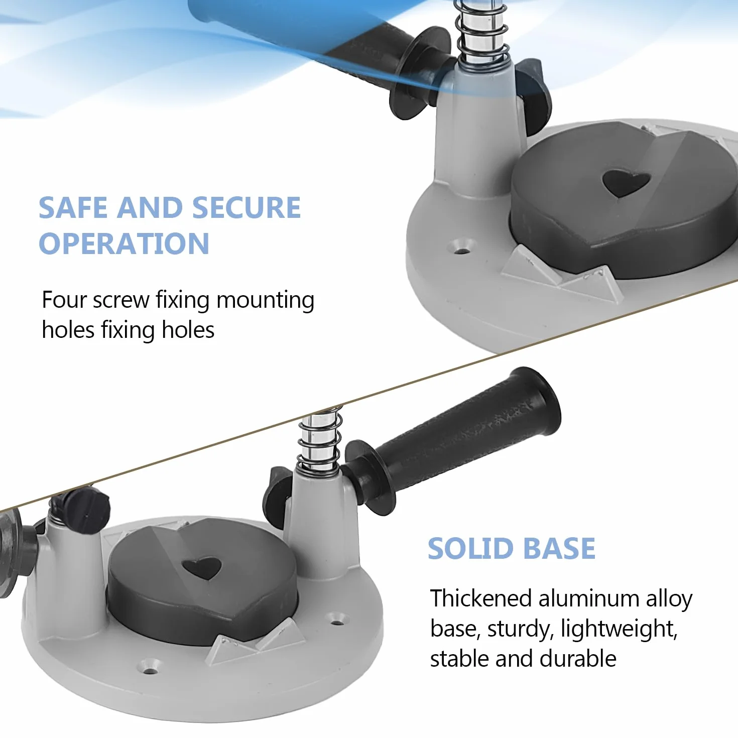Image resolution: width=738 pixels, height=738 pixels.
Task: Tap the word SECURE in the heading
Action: (x=247, y=208)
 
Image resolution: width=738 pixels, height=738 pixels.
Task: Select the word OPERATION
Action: (x=124, y=243)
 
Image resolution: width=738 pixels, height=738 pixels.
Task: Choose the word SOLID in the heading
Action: (x=470, y=548)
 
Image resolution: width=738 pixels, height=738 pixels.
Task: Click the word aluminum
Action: (x=588, y=598)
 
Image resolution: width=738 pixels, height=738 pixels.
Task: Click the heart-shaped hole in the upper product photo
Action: (x=626, y=183)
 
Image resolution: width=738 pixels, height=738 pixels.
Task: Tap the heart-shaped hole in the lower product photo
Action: (x=201, y=568)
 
